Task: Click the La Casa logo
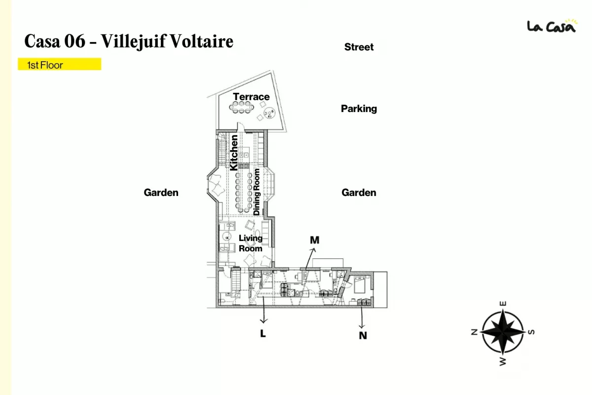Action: coord(553,26)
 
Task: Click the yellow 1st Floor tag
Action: coord(60,64)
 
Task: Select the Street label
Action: coord(359,47)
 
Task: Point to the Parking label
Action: coord(359,109)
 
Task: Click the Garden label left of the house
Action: coord(161,193)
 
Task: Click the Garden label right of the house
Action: coord(359,193)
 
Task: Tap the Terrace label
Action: coord(251,97)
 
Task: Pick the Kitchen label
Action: coord(234,153)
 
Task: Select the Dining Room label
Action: coord(257,192)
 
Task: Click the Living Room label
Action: coord(251,243)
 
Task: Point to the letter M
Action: coord(315,240)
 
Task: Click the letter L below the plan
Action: coord(262,334)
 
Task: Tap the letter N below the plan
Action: coord(363,335)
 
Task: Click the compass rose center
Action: coord(503,332)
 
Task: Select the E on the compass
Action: coord(503,304)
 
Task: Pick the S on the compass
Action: coord(531,332)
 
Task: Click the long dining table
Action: coord(244,192)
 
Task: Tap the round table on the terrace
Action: coord(269,113)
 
